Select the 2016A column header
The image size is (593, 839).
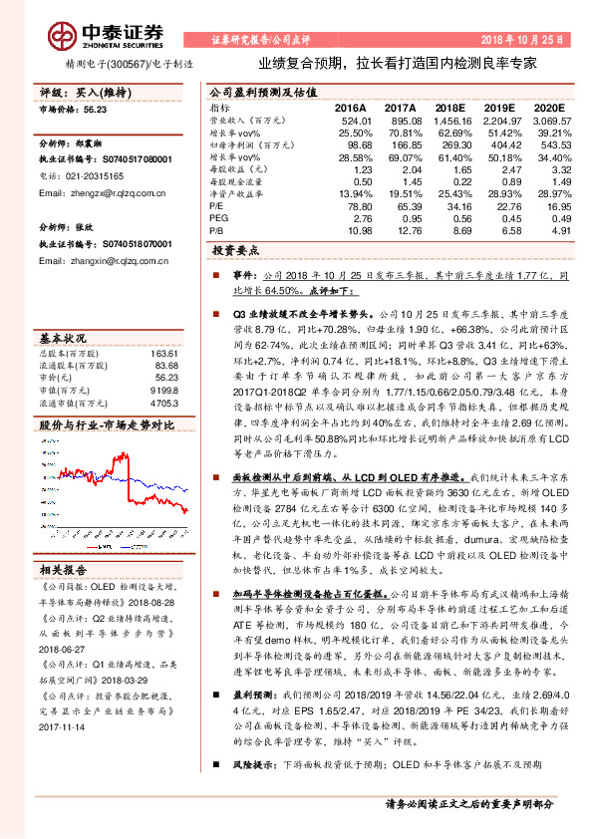coord(350,107)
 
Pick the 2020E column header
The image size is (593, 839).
coord(549,107)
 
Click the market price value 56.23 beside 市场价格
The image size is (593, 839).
coord(97,112)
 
